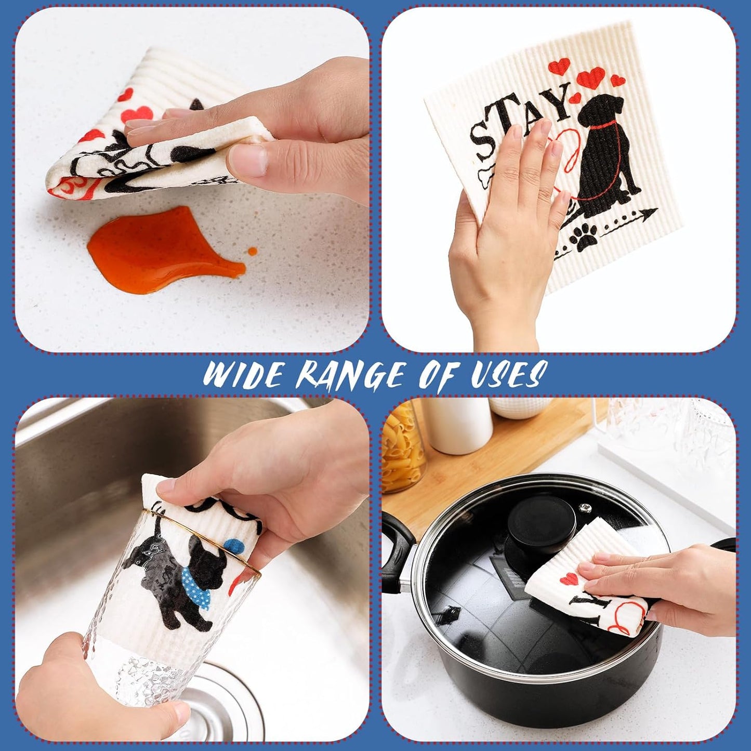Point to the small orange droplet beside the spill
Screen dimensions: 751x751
coord(252,251)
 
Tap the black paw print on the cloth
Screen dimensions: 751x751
coord(585,240)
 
